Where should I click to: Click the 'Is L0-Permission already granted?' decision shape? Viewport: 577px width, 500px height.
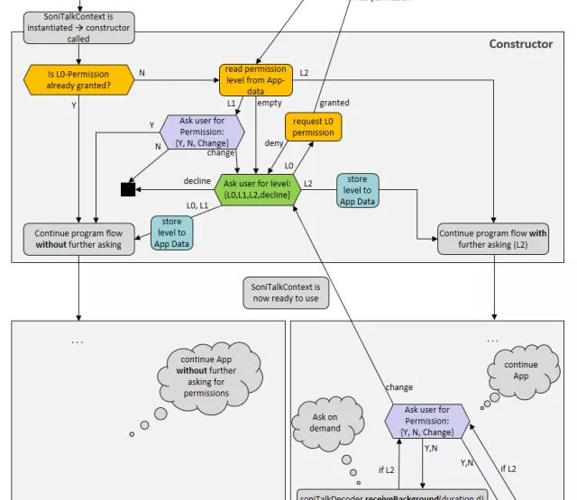(78, 79)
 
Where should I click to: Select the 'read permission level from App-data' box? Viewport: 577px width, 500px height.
(255, 79)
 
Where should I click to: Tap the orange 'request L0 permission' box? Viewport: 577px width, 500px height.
(313, 127)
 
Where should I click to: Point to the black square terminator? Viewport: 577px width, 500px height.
(128, 189)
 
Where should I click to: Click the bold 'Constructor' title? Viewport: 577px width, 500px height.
(520, 43)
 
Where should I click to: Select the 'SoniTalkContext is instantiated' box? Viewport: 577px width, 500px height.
(78, 28)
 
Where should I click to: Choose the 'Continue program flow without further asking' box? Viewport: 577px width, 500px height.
(78, 239)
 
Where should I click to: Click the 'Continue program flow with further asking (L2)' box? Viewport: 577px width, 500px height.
(493, 239)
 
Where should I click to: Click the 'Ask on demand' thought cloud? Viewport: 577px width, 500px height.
(325, 423)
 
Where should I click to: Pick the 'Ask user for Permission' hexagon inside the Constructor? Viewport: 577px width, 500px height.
(202, 132)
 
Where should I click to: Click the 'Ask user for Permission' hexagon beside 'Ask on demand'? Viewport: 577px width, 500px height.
(427, 422)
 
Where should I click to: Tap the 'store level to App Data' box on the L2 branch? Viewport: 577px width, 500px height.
(358, 190)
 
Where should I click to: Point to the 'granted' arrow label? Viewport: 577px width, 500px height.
(334, 103)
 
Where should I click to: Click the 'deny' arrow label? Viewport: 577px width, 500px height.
(274, 142)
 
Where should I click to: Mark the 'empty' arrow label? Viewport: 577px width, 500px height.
(270, 103)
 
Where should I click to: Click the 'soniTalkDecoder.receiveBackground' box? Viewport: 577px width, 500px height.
(391, 495)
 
